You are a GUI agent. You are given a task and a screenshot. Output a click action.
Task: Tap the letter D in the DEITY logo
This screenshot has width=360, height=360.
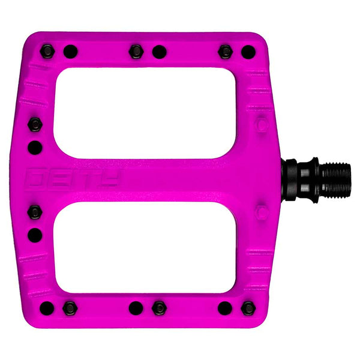coord(35,178)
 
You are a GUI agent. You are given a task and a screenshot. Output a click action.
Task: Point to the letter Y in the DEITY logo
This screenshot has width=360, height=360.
coord(112,178)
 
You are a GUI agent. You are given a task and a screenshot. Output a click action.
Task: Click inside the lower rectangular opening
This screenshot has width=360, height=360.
coord(144,247)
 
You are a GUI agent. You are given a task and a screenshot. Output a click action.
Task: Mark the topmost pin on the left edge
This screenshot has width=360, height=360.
coord(35,125)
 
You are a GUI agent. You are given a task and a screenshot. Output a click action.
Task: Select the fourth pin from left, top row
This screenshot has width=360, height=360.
coord(159,52)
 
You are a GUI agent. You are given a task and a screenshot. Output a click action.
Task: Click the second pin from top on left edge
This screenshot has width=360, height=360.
coord(35,147)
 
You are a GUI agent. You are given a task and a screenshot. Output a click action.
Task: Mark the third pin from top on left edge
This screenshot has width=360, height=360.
coord(35,212)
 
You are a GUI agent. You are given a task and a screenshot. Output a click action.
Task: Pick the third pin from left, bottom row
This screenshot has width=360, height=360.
coord(136,308)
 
